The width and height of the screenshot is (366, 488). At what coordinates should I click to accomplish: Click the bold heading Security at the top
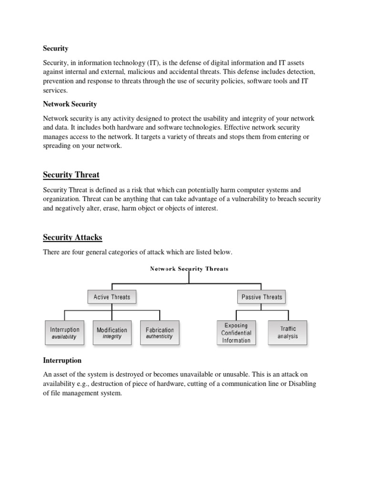56,48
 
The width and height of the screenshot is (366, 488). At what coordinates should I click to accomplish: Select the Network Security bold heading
70,104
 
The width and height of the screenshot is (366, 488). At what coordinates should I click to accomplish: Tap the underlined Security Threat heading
71,175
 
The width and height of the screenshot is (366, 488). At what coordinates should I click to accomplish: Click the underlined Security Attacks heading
72,237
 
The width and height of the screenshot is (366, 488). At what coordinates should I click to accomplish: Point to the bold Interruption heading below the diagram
62,360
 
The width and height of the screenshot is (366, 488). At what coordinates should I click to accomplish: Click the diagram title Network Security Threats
189,269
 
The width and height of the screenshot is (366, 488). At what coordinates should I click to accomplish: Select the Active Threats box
112,297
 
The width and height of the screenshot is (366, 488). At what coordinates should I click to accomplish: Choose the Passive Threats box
262,297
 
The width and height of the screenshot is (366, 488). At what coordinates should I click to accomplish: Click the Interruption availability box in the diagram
65,333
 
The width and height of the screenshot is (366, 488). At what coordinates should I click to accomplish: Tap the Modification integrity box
112,333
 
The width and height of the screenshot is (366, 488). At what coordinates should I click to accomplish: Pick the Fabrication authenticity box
160,333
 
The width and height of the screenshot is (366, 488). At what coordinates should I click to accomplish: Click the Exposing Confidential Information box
236,333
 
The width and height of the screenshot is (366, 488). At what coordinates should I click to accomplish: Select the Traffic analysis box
287,332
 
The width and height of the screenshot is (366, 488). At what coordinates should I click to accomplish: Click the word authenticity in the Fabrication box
160,336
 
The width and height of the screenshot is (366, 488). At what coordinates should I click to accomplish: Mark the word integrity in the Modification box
112,336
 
